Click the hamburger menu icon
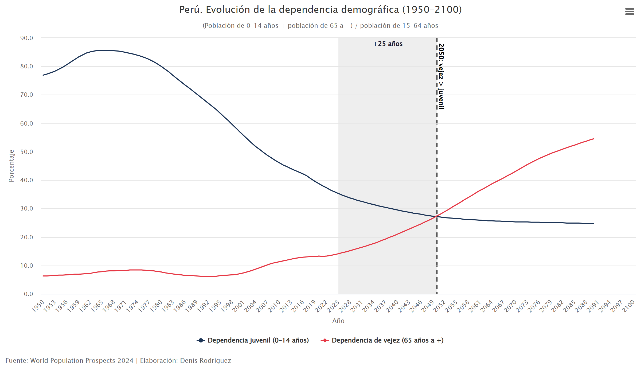pyautogui.click(x=630, y=11)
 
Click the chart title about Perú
pyautogui.click(x=320, y=10)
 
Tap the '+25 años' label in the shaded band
pyautogui.click(x=388, y=44)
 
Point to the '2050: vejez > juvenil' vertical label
pyautogui.click(x=441, y=76)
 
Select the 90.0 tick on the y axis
pyautogui.click(x=27, y=38)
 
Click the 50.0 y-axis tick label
pyautogui.click(x=27, y=152)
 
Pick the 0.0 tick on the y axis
pyautogui.click(x=28, y=294)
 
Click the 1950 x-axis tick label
pyautogui.click(x=38, y=306)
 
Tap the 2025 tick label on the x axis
pyautogui.click(x=333, y=306)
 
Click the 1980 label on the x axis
pyautogui.click(x=156, y=306)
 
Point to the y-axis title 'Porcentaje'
pyautogui.click(x=11, y=166)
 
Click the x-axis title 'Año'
pyautogui.click(x=338, y=321)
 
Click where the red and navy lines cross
pyautogui.click(x=436, y=216)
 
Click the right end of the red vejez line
pyautogui.click(x=593, y=139)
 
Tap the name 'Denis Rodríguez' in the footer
pyautogui.click(x=205, y=360)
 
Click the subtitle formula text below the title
pyautogui.click(x=320, y=26)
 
